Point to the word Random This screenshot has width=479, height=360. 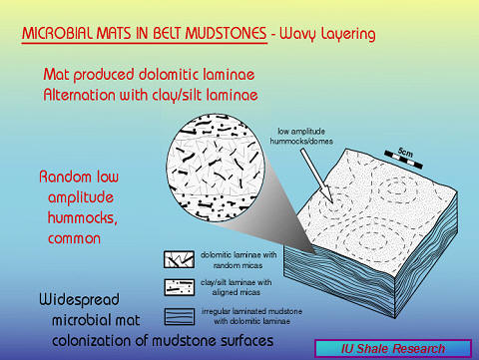point(69,177)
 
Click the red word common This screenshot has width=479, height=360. point(78,240)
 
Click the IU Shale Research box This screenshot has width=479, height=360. point(391,348)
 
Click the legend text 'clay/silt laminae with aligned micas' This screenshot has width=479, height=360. point(240,288)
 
